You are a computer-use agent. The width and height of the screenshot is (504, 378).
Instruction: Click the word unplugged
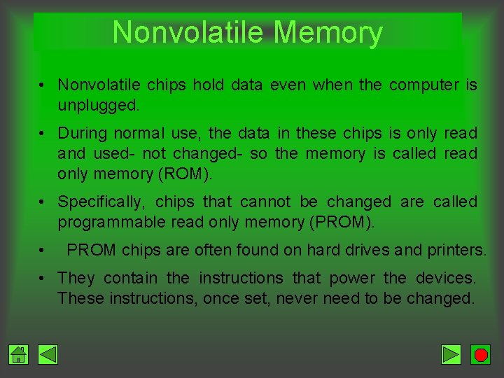pyautogui.click(x=98, y=106)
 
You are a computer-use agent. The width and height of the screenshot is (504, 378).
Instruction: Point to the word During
pyautogui.click(x=83, y=133)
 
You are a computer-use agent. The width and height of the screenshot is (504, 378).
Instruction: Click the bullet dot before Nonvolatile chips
pyautogui.click(x=43, y=86)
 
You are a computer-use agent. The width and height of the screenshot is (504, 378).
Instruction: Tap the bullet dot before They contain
pyautogui.click(x=43, y=279)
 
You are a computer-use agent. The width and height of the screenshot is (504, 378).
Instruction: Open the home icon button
pyautogui.click(x=19, y=355)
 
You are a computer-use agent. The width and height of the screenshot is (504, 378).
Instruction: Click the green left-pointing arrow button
pyautogui.click(x=48, y=355)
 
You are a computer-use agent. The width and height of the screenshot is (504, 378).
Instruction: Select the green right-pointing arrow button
pyautogui.click(x=451, y=355)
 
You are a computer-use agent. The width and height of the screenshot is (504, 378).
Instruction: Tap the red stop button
pyautogui.click(x=481, y=355)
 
